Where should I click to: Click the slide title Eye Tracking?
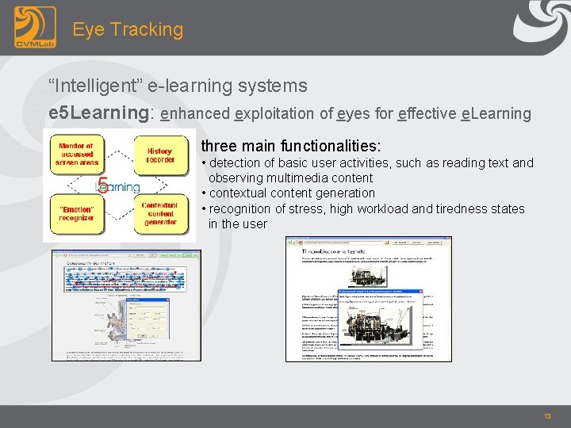128,29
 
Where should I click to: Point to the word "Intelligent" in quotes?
98,85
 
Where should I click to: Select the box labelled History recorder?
159,155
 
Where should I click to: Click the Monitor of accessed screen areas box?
77,155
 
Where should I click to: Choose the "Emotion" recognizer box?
77,212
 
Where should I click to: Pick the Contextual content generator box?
159,212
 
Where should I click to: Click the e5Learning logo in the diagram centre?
117,185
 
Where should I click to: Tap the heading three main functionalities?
290,147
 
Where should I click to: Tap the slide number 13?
546,416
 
